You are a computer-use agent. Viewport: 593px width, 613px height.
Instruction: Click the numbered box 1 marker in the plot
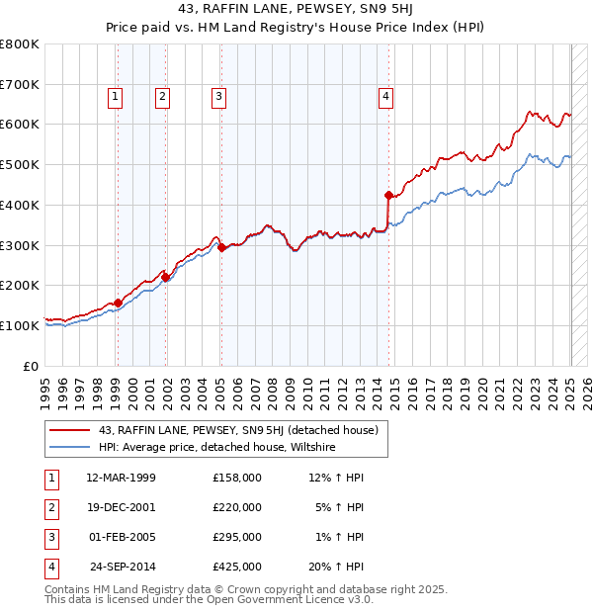[116, 97]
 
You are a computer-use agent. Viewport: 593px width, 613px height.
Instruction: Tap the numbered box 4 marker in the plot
[385, 97]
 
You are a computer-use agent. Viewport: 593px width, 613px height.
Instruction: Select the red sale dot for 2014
[388, 195]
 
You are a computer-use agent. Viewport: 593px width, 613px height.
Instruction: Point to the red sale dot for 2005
[222, 247]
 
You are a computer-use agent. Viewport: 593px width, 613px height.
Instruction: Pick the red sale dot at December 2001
[166, 278]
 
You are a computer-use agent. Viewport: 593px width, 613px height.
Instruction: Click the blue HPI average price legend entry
[216, 448]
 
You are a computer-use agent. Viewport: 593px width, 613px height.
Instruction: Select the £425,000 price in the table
[237, 568]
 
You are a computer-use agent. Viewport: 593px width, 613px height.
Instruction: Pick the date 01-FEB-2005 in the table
[122, 538]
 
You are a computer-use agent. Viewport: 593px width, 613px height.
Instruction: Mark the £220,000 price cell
[237, 508]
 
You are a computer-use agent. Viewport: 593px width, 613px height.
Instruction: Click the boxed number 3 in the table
[49, 538]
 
